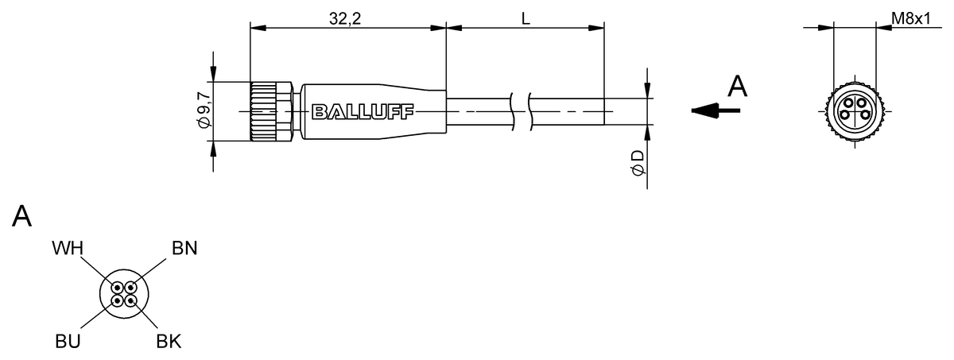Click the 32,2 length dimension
344,18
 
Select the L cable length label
526,19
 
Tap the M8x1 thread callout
911,18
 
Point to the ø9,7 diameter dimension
205,110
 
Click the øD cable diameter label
638,162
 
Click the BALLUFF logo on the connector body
363,112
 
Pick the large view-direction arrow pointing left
715,110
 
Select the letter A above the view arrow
737,87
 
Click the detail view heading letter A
21,216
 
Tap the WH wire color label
68,248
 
